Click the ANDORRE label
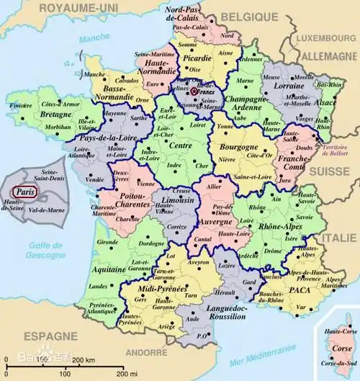pyautogui.click(x=150, y=354)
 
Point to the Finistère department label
pyautogui.click(x=22, y=105)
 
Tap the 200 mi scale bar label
pyautogui.click(x=127, y=375)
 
